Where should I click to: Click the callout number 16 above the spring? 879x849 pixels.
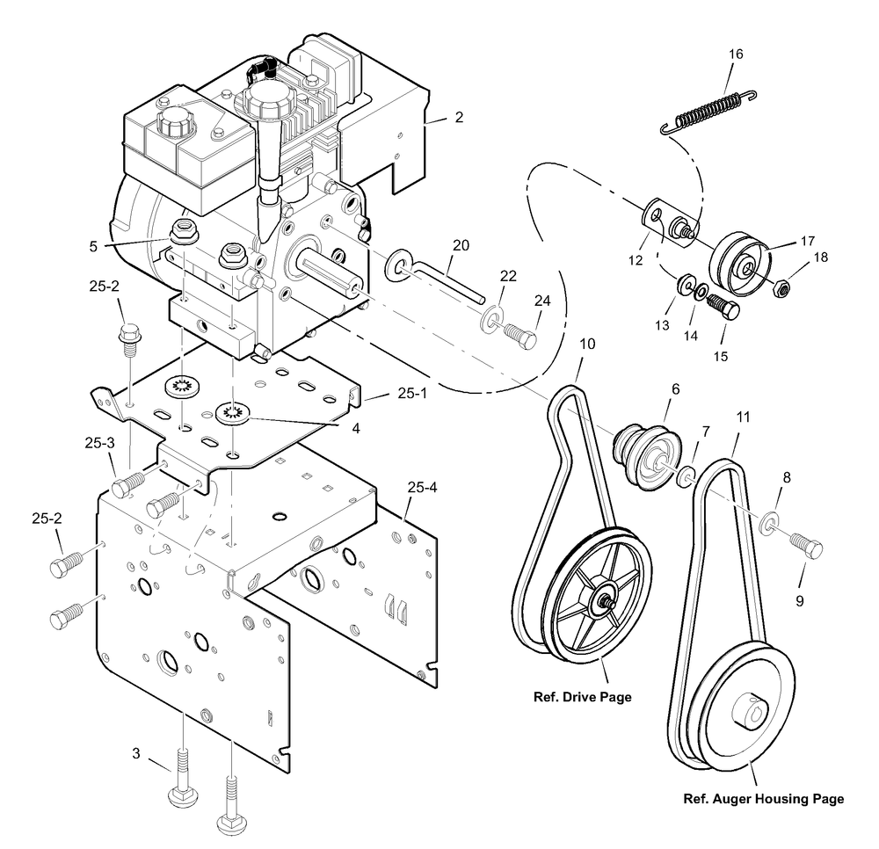[736, 54]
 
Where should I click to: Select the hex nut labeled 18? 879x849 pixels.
[781, 288]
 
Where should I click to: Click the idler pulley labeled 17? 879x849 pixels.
[740, 262]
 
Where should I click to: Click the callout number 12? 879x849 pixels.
[636, 260]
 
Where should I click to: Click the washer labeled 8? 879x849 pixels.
[768, 522]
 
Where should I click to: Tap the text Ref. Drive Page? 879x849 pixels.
[583, 697]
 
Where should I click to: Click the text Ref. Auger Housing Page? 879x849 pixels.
[764, 799]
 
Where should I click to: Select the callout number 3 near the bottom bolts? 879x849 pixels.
[136, 754]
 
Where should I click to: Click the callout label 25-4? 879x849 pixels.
[422, 488]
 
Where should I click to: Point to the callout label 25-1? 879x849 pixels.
[412, 394]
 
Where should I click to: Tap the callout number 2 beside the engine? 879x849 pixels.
[459, 117]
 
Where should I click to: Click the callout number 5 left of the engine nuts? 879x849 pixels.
[93, 247]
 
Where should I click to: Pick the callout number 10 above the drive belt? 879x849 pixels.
[587, 344]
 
